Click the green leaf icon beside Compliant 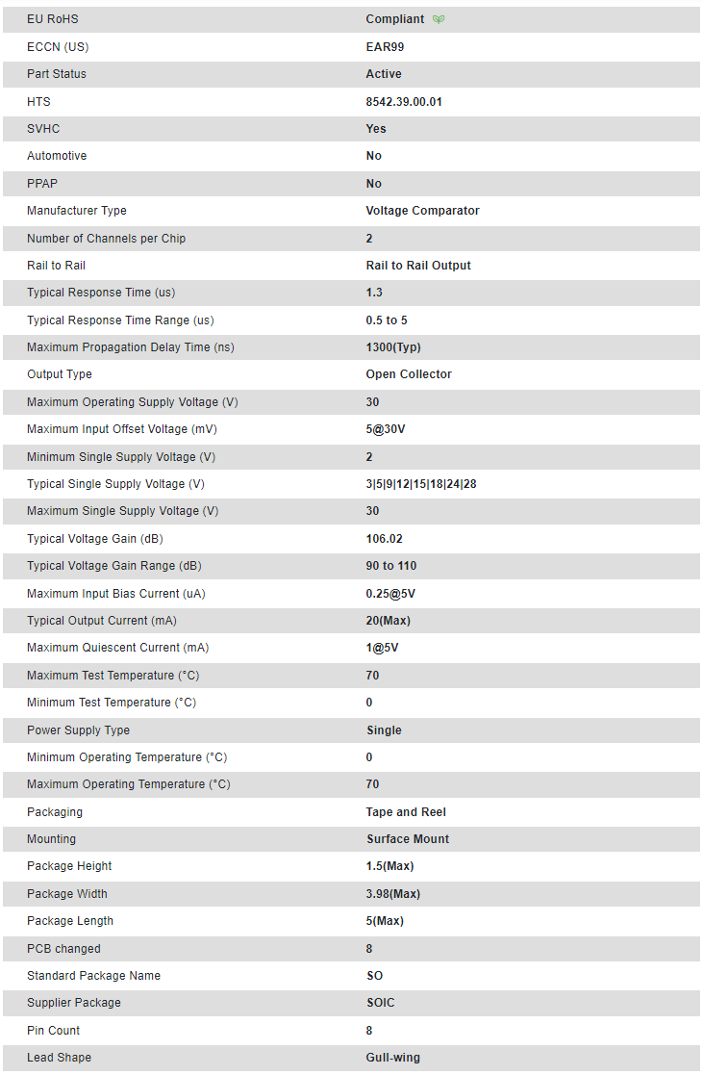tap(439, 19)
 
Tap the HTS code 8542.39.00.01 tap(404, 101)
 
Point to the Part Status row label tap(57, 74)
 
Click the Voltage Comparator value tap(422, 211)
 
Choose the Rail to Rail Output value tap(418, 266)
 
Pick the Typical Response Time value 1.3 tap(374, 293)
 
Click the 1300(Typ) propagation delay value tap(393, 347)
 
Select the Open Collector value tap(409, 374)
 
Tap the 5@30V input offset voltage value tap(386, 429)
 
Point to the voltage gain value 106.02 tap(386, 539)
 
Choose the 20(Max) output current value tap(389, 621)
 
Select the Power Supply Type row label tap(78, 730)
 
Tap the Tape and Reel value tap(406, 812)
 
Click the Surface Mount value tap(408, 839)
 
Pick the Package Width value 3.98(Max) tap(393, 894)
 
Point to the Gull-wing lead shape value tap(393, 1058)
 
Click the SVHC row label tap(43, 129)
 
